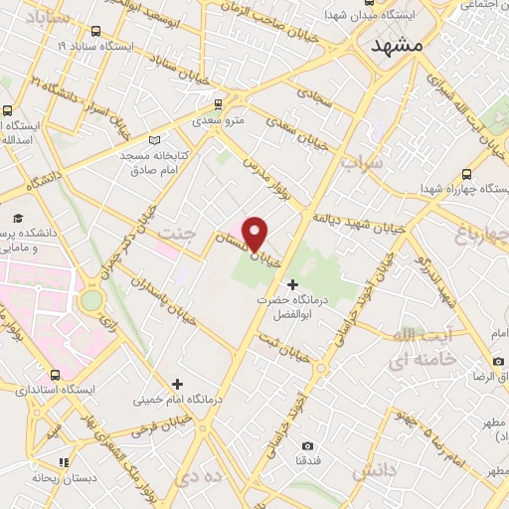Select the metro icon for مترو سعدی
click(x=218, y=102)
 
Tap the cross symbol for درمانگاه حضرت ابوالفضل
click(x=291, y=285)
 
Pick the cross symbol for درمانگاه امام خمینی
click(x=177, y=383)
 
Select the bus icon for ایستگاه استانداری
click(x=54, y=375)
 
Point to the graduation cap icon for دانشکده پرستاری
click(x=17, y=218)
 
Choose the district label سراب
click(x=362, y=160)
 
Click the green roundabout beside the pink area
click(x=91, y=298)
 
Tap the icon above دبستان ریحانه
click(x=65, y=461)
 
